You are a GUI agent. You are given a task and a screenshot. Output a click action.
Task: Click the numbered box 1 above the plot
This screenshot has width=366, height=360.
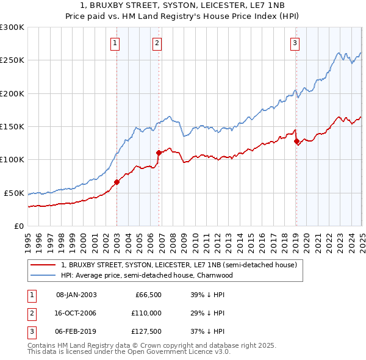(115, 43)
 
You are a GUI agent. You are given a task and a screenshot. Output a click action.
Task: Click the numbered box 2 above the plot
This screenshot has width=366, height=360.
(157, 43)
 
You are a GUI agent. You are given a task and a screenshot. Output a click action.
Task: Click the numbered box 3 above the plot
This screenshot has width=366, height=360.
(295, 43)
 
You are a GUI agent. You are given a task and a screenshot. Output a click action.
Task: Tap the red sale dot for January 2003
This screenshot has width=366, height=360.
(117, 181)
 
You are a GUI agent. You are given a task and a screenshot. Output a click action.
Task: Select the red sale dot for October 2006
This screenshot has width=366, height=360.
(159, 153)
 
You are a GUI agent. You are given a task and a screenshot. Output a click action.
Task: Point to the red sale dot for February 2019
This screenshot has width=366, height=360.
(296, 141)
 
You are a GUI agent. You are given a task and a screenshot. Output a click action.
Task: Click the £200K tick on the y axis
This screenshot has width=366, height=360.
(12, 93)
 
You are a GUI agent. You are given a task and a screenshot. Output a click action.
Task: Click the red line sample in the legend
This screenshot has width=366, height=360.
(43, 265)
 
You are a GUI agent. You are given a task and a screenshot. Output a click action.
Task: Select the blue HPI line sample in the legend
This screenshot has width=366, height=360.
(43, 275)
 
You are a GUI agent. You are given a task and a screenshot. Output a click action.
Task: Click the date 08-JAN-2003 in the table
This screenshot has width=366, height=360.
(76, 295)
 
